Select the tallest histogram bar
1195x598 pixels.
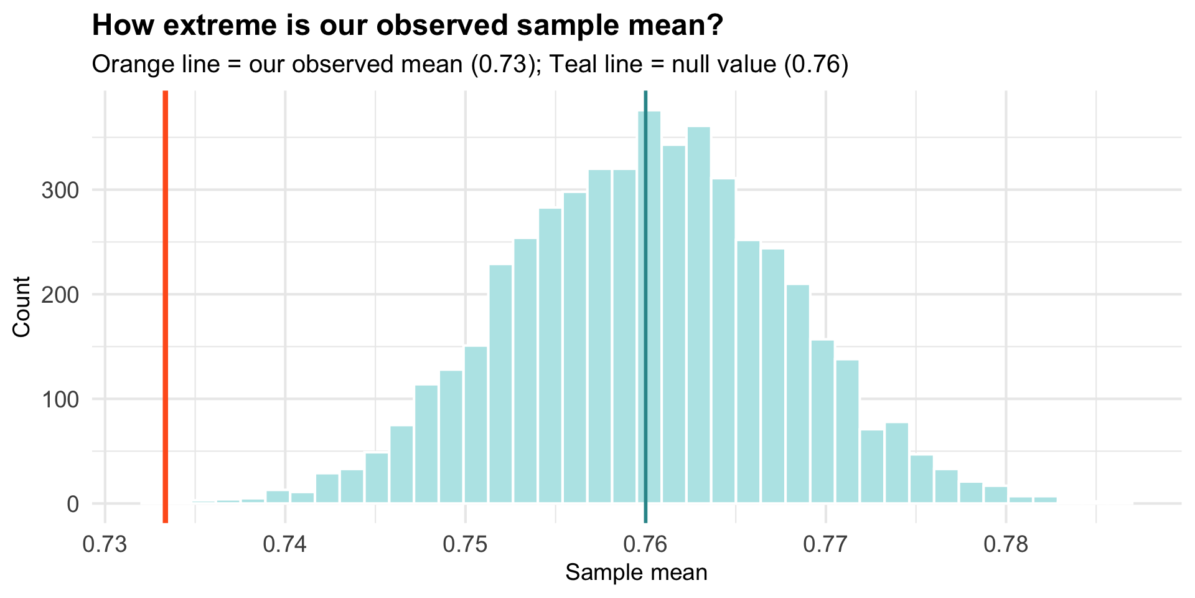649,311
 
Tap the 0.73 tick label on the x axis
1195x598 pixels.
105,544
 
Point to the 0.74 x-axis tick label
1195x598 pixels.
285,544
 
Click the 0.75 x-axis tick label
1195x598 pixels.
465,544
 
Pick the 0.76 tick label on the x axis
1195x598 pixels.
645,544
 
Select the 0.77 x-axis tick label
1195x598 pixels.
825,544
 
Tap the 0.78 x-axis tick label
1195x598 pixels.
1006,544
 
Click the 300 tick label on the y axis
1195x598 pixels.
60,190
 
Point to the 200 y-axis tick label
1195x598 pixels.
60,295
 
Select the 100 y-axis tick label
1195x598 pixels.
60,399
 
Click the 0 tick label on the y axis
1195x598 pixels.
72,504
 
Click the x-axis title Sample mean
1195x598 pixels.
636,572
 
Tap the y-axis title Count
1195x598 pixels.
22,306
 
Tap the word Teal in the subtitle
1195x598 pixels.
573,64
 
